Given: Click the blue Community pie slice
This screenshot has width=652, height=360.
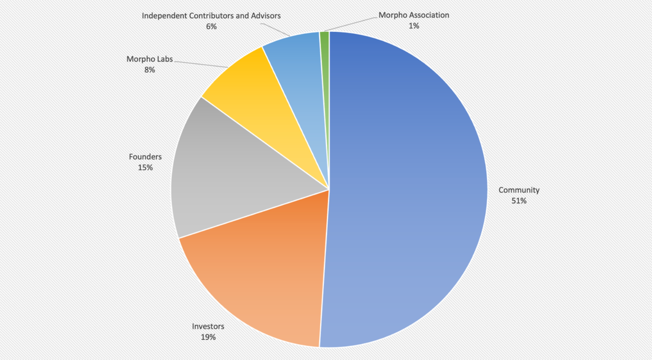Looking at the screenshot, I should click(408, 191).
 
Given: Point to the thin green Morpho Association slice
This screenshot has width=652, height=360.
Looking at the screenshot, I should click(325, 64).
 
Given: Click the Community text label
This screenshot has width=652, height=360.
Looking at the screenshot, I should click(519, 190).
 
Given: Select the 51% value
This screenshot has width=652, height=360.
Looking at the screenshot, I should click(519, 201).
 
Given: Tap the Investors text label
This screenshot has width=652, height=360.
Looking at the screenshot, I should click(208, 326).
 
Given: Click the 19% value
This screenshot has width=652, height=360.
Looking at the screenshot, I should click(208, 337).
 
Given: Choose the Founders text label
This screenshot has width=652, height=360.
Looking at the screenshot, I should click(145, 157).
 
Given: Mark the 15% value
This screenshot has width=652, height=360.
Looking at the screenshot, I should click(145, 167).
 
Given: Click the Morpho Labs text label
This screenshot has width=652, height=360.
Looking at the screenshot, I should click(150, 59).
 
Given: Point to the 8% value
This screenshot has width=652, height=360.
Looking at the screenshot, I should click(150, 70).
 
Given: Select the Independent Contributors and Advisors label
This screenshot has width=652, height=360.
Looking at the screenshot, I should click(211, 16).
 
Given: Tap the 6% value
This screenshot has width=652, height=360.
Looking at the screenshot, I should click(211, 26).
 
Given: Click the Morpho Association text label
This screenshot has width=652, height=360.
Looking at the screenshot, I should click(414, 15).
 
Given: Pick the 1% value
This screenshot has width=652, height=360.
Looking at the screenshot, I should click(414, 26).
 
